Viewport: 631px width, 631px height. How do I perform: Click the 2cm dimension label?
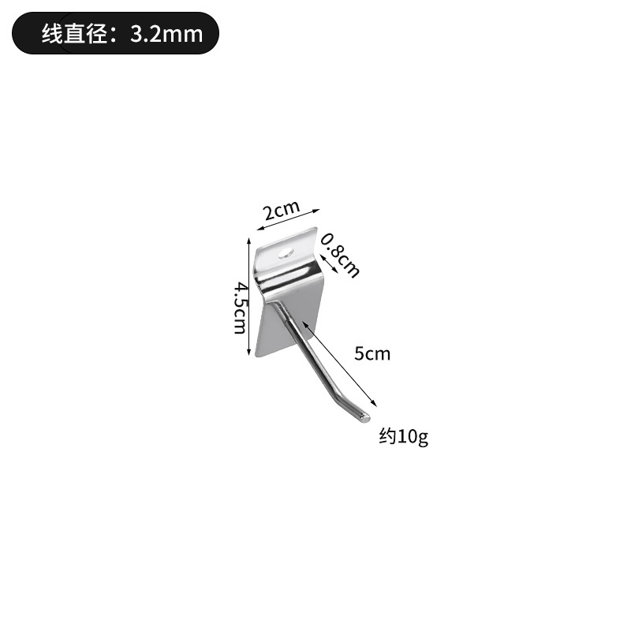[x=282, y=211]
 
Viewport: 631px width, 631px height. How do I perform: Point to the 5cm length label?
[x=372, y=353]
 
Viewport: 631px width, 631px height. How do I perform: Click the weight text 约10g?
[x=403, y=436]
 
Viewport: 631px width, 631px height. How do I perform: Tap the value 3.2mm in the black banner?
[x=168, y=33]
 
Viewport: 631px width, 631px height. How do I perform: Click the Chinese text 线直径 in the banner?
[x=75, y=33]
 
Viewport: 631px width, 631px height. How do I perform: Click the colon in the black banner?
[x=119, y=34]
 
